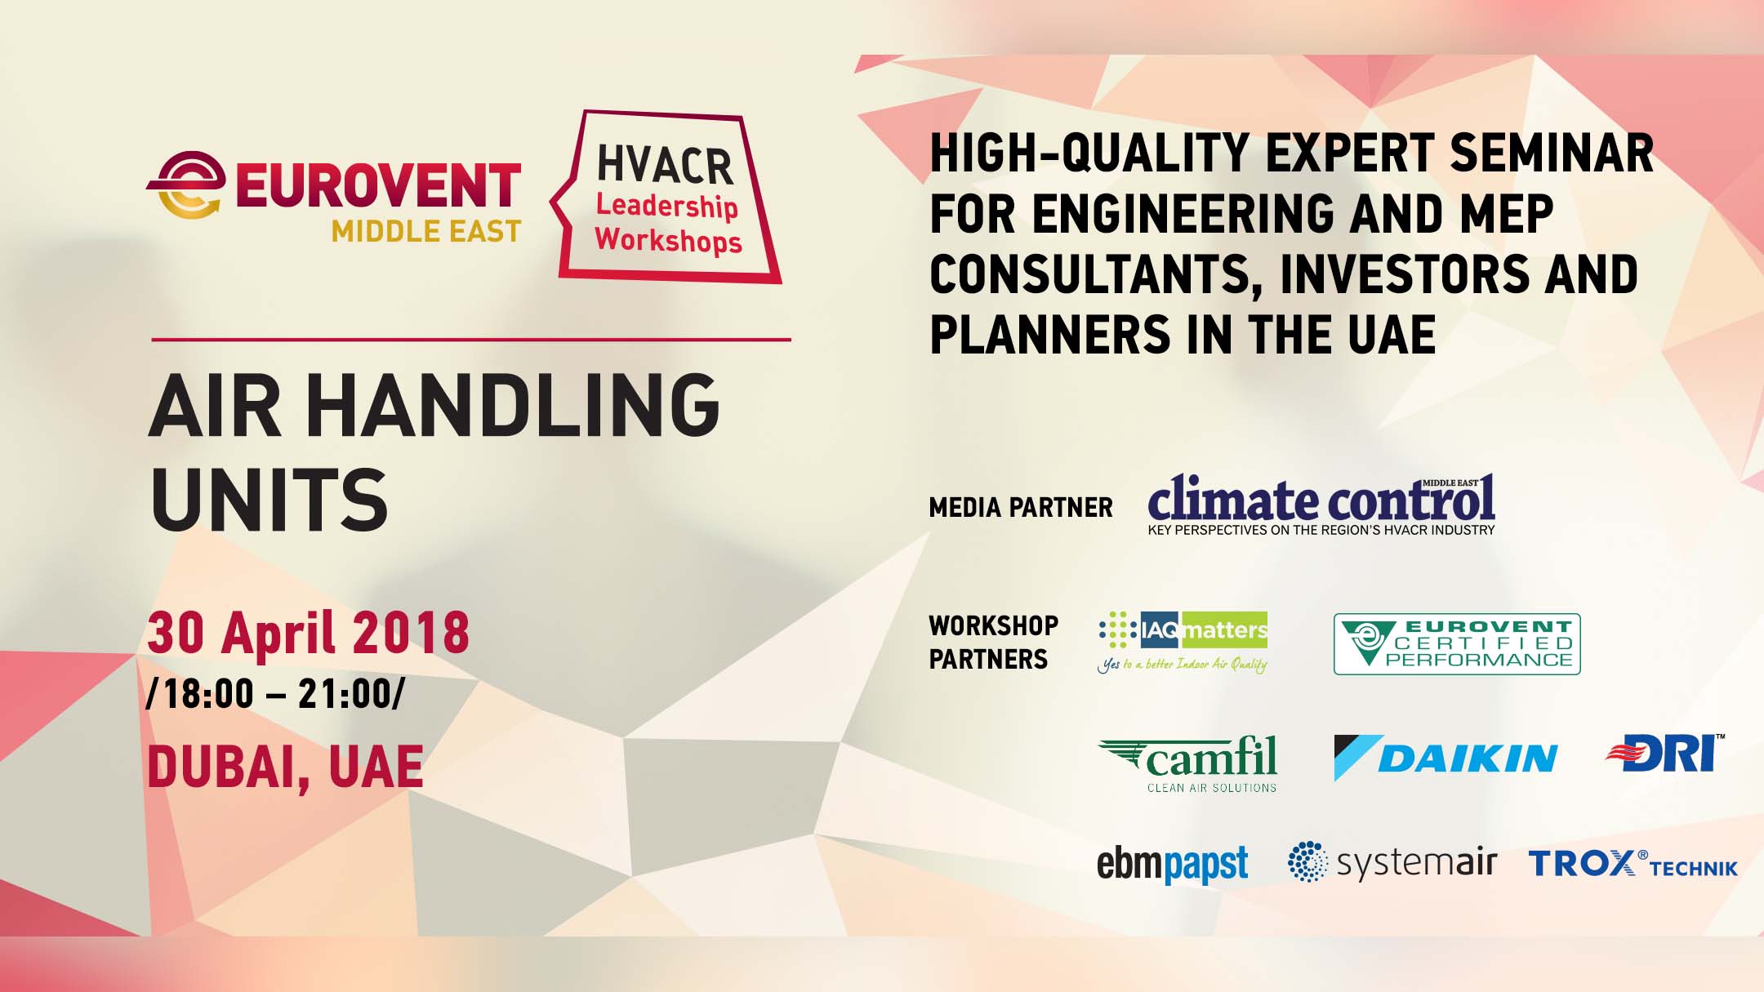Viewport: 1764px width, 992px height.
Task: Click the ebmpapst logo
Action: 1172,864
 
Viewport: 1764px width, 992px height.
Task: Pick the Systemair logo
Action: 1392,862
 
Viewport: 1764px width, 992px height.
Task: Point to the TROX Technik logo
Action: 1633,864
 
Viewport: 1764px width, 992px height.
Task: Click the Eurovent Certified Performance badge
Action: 1457,644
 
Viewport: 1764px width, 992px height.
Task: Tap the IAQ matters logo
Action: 1183,640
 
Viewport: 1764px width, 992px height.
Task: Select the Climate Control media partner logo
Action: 1321,505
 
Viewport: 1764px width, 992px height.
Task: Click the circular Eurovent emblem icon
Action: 187,185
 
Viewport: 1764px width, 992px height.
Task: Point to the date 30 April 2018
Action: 308,633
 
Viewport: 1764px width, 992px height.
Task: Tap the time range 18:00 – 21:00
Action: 275,694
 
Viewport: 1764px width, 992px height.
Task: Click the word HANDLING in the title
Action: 517,405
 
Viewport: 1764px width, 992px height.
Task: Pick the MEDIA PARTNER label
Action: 1021,508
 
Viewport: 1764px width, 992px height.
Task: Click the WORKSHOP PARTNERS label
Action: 993,643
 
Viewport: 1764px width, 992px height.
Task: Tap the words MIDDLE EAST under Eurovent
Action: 425,232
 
